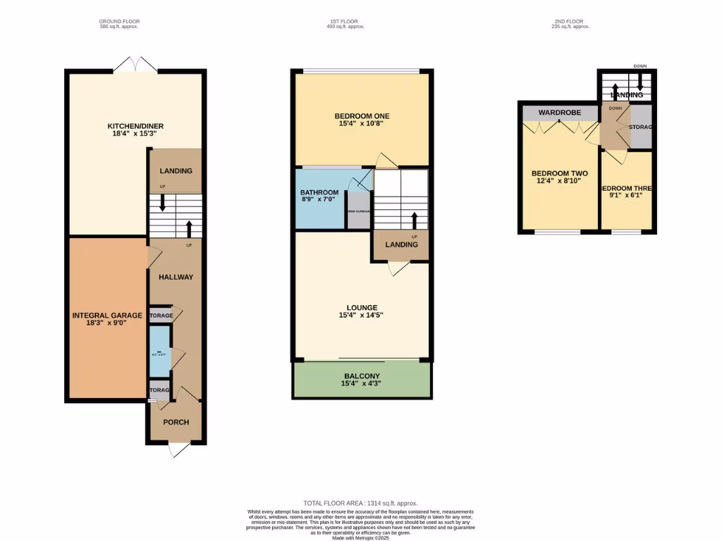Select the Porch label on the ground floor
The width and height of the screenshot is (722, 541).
[x=176, y=423]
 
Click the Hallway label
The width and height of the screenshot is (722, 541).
[x=176, y=277]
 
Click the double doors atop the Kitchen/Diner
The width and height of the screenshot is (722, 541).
[x=135, y=64]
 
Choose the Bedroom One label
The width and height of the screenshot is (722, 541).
[x=362, y=116]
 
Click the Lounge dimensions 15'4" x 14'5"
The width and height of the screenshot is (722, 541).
[x=362, y=316]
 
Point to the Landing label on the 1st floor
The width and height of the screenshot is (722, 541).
[x=400, y=244]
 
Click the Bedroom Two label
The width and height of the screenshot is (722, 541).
[x=559, y=173]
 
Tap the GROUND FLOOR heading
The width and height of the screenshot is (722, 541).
[x=118, y=22]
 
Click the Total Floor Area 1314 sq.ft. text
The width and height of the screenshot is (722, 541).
[x=360, y=503]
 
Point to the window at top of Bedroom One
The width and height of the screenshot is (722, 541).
[x=362, y=70]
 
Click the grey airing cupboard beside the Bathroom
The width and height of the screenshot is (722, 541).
[x=358, y=211]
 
